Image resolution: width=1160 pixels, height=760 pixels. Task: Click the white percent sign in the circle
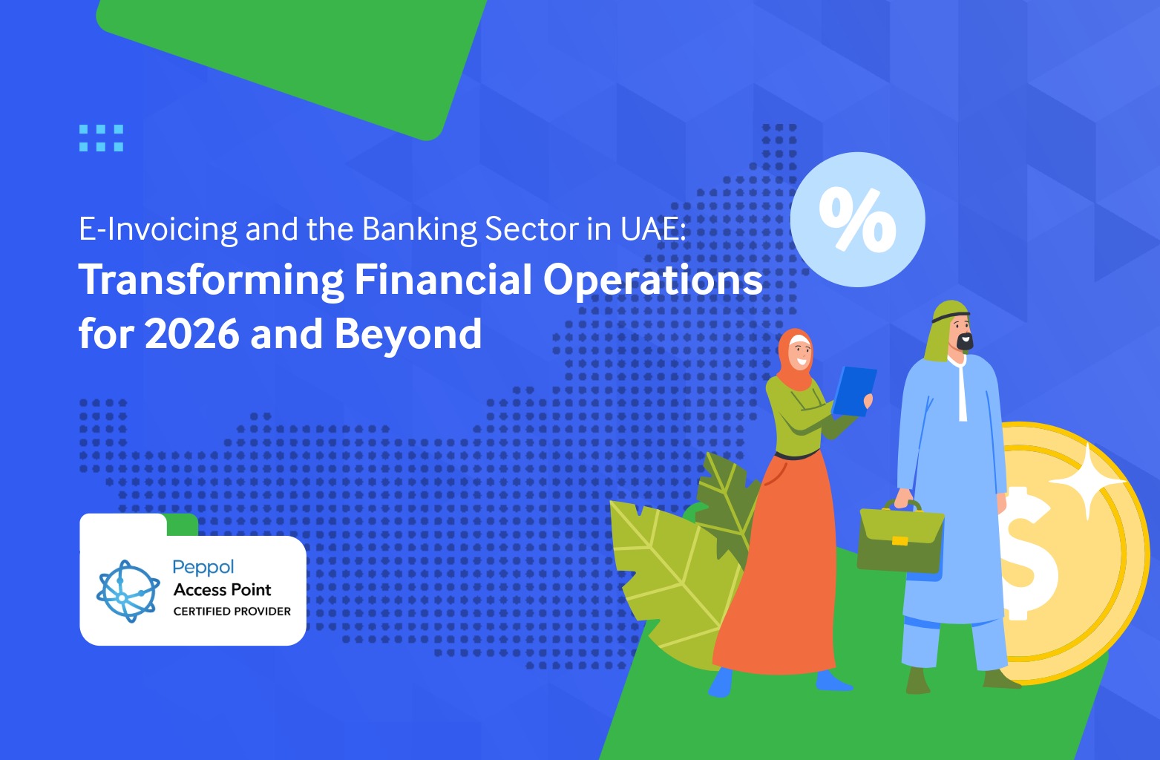click(858, 220)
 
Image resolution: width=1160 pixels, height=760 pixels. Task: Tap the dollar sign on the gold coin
click(1028, 554)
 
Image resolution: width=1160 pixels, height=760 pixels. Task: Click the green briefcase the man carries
click(900, 538)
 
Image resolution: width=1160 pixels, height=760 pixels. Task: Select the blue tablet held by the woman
click(853, 391)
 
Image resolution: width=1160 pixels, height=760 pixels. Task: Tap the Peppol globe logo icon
click(128, 591)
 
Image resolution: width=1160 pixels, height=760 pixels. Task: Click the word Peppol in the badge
click(203, 568)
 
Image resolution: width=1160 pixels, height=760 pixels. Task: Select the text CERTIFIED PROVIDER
click(232, 612)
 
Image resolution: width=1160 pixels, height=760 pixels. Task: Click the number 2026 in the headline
click(192, 334)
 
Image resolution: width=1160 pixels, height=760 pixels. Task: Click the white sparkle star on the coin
click(1087, 482)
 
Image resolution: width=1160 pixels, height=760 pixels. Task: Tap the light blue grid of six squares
click(101, 138)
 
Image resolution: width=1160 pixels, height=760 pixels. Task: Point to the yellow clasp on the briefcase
click(900, 541)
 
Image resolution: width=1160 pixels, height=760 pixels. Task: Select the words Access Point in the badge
click(222, 590)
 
